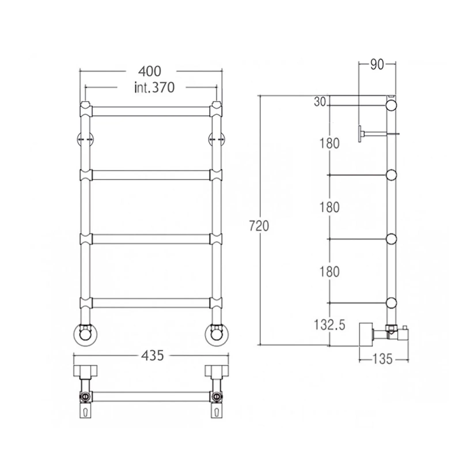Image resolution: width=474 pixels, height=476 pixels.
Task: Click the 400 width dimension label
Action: (x=149, y=71)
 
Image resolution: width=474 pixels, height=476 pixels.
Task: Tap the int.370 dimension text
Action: (x=154, y=88)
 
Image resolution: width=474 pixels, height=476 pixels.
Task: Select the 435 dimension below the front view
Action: (x=152, y=356)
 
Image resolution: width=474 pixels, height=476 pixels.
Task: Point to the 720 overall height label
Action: (x=259, y=226)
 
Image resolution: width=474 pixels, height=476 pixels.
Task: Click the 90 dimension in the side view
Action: (x=377, y=65)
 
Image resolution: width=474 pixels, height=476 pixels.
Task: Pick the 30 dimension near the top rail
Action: (x=320, y=102)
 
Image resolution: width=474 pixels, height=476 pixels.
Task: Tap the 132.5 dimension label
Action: (x=329, y=325)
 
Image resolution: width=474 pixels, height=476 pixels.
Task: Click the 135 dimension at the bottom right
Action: (x=382, y=359)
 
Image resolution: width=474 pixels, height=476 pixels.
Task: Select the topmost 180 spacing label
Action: (x=329, y=143)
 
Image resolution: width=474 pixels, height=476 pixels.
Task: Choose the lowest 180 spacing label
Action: (x=329, y=272)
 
